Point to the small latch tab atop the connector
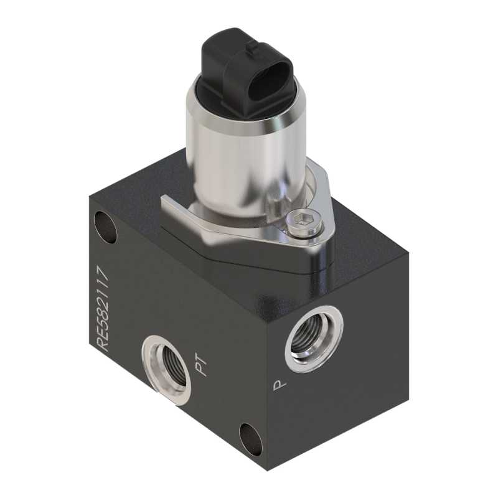[x=253, y=49]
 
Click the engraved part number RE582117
[x=104, y=309]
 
